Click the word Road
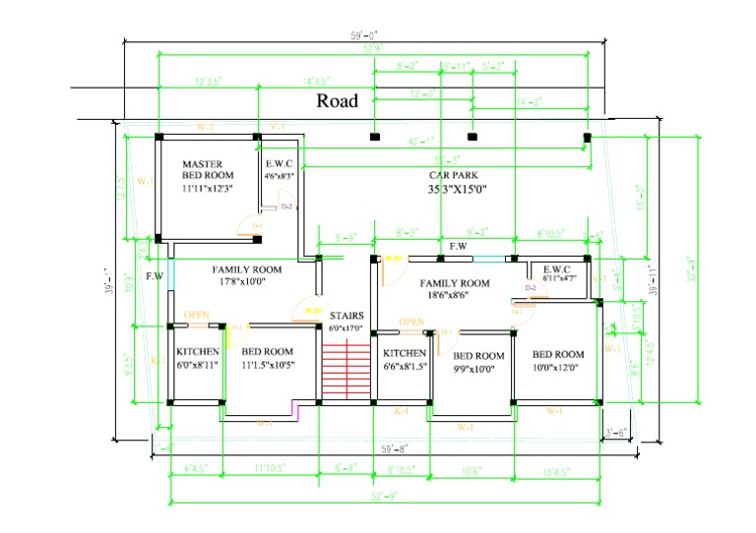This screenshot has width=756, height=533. pos(337,100)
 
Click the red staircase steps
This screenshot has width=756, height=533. pos(345,370)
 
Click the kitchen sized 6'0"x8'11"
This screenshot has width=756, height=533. pos(197,357)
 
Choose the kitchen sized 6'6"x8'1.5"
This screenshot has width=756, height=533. pos(404,358)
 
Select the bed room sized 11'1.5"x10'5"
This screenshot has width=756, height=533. pos(268,357)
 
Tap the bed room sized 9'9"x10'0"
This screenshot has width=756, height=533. pos(478,361)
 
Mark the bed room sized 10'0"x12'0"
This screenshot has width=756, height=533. pos(557,360)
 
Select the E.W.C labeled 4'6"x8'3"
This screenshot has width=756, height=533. pos(280,169)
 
